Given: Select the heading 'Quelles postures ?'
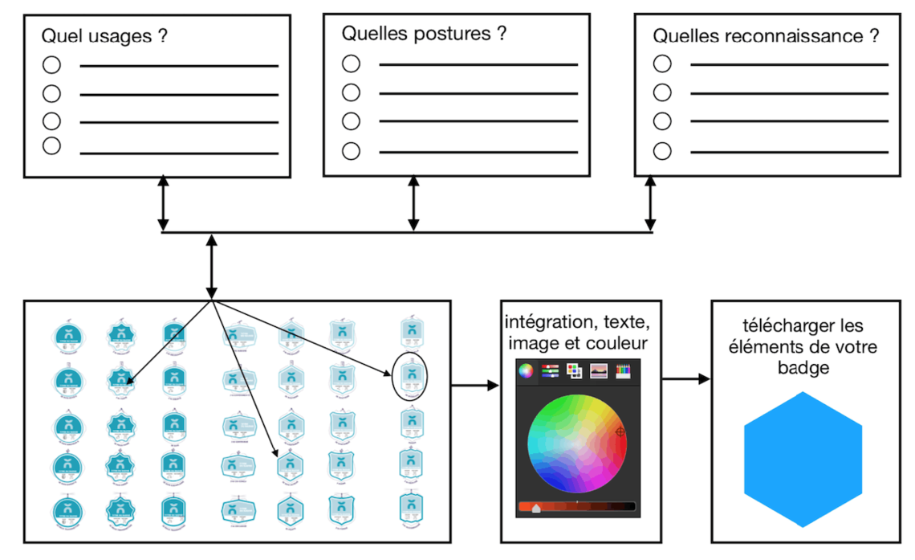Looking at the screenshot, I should coord(424,34).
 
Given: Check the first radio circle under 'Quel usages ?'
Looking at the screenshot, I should coord(51,65).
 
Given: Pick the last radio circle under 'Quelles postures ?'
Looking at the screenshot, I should coord(350,150).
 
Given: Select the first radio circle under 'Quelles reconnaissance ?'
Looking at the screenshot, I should coord(661,63).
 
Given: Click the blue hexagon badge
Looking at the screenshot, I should coord(803,460).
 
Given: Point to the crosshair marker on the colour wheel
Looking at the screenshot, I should coord(620,432).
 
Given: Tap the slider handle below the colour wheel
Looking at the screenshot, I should coord(536,506).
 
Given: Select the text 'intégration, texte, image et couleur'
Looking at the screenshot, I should coord(576,333).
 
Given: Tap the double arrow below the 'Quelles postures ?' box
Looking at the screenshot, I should coord(413,206).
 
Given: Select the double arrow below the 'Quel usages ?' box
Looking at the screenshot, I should coord(163,205).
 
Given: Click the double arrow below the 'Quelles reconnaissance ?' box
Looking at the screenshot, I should coord(651,205).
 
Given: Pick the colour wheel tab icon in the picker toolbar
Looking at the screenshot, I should coord(526,370).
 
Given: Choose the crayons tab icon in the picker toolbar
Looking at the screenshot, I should coord(623,370).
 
